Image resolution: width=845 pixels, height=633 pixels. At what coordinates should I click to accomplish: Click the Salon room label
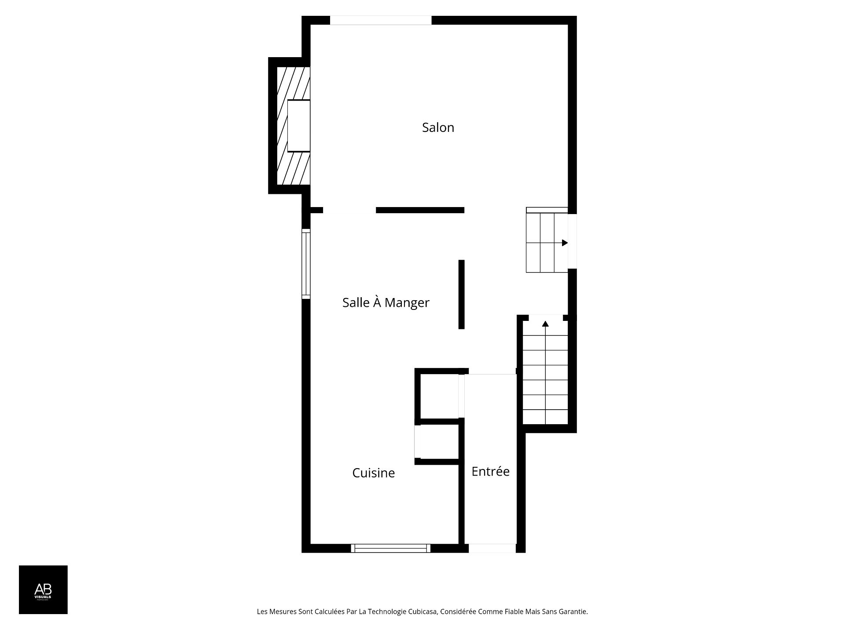coord(438,127)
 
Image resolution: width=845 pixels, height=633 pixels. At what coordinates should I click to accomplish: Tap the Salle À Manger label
coord(386,302)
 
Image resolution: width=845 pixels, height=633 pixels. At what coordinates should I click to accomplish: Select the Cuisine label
coord(373,473)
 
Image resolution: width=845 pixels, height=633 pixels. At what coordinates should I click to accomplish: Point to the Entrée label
coord(490,472)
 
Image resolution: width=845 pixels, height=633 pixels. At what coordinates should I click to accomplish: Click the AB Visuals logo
coord(43,589)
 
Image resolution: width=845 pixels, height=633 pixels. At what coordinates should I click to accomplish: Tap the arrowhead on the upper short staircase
coord(565,243)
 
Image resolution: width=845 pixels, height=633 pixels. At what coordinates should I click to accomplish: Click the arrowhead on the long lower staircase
coord(545,324)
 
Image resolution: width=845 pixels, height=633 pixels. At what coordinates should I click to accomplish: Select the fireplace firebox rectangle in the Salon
coord(299,126)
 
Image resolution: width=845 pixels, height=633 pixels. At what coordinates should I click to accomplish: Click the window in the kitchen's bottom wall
coord(391,548)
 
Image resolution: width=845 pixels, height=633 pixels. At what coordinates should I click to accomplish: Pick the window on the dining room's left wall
coord(306,264)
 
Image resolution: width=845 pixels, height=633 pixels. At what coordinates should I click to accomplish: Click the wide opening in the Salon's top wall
coord(381,20)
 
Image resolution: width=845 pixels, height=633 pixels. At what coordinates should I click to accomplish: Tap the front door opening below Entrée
coord(492,548)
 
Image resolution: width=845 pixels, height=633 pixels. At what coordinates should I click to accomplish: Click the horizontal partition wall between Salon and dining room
coord(420,210)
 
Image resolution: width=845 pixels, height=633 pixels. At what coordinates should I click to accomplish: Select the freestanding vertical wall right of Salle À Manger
coord(461,294)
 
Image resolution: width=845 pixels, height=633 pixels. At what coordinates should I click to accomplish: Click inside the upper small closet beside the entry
coord(439,396)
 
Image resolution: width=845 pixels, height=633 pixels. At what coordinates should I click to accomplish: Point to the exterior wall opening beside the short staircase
coord(572,241)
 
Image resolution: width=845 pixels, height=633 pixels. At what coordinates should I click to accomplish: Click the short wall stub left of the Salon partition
coord(316,210)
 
